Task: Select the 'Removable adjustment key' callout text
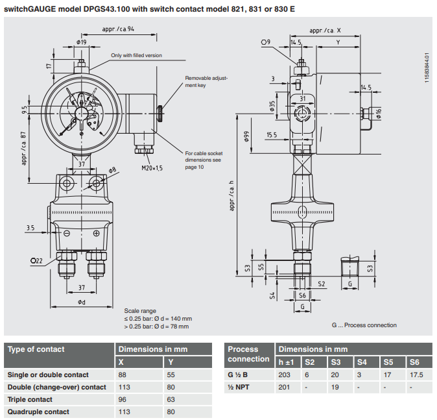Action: pyautogui.click(x=206, y=81)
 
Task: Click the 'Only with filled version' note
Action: pyautogui.click(x=136, y=56)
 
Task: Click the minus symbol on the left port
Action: pyautogui.click(x=67, y=233)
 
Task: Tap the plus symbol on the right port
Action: pyautogui.click(x=96, y=233)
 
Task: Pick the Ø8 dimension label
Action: pyautogui.click(x=112, y=170)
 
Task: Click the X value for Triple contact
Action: pyautogui.click(x=123, y=399)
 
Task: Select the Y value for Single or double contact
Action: pyautogui.click(x=171, y=375)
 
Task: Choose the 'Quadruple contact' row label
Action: pyautogui.click(x=38, y=412)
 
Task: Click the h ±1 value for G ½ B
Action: pyautogui.click(x=284, y=375)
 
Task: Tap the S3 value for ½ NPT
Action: pyautogui.click(x=335, y=387)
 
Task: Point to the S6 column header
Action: pyautogui.click(x=416, y=362)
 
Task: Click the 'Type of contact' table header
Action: pyautogui.click(x=36, y=349)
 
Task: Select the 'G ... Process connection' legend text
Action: pyautogui.click(x=364, y=325)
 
